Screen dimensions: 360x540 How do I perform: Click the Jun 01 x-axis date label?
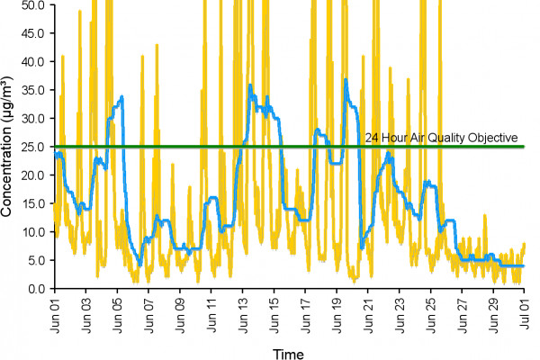point(57,311)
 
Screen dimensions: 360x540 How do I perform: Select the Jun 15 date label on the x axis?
point(274,311)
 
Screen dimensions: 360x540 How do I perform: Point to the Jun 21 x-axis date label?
point(368,311)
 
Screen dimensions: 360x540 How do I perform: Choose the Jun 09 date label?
point(181,311)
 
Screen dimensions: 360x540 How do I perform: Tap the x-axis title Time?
point(289,351)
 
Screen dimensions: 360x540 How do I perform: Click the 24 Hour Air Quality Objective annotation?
point(442,138)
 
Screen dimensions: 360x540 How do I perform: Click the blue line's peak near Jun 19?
point(346,80)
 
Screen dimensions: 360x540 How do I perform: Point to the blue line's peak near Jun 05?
point(121,96)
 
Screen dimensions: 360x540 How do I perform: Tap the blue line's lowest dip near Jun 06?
point(139,264)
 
